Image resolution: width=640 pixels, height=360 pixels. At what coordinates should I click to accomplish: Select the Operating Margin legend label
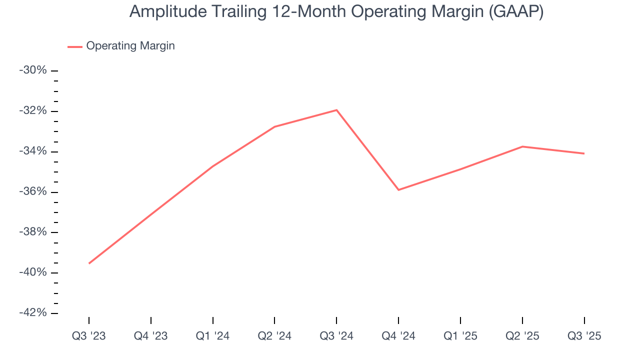(130, 46)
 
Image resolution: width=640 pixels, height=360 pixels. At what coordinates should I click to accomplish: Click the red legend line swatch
(75, 46)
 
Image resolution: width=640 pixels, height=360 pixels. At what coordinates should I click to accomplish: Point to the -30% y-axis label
(33, 70)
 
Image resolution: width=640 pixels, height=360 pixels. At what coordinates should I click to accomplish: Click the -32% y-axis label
(33, 111)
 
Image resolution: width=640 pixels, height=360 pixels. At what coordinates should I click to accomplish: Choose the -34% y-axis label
(33, 151)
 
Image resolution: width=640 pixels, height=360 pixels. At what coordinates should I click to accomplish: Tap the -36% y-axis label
(33, 192)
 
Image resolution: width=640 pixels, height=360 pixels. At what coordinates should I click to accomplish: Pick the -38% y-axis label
(33, 232)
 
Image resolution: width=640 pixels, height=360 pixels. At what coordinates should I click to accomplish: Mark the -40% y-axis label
(33, 272)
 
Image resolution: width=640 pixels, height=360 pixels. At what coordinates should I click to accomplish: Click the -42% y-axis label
(33, 313)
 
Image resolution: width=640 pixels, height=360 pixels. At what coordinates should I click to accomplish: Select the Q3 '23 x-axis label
(89, 336)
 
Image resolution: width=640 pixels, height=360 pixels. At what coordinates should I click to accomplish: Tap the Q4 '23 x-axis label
(150, 336)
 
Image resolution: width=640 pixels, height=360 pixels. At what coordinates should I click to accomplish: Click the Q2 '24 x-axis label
(274, 336)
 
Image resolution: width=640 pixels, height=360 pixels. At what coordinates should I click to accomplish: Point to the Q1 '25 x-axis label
(460, 336)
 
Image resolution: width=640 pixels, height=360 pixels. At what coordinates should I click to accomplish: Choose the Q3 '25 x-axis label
(584, 336)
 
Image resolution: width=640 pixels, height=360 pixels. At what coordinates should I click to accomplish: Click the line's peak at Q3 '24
(336, 110)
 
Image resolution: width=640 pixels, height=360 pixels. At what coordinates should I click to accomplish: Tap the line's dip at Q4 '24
(398, 190)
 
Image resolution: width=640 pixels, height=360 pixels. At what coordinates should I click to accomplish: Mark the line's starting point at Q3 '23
(89, 263)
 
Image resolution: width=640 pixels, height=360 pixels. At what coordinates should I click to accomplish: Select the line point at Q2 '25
(522, 146)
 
